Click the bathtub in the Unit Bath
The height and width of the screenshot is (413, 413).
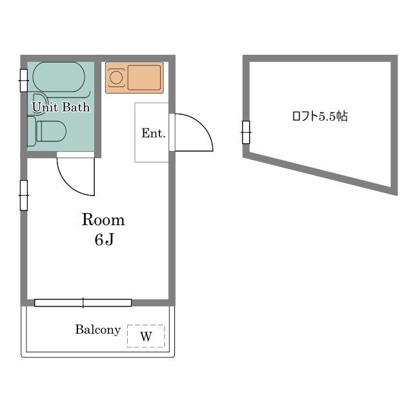click(59, 77)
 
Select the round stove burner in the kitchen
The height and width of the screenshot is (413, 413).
click(116, 77)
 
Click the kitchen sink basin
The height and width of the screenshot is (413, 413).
click(144, 77)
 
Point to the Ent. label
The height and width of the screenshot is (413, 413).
click(154, 134)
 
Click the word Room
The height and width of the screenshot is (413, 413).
click(103, 219)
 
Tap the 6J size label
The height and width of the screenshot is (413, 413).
click(104, 239)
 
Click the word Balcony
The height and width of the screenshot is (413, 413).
click(98, 330)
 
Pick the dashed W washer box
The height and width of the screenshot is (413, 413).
click(146, 336)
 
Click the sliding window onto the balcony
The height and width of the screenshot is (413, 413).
click(83, 303)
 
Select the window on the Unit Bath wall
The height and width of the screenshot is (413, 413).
click(24, 81)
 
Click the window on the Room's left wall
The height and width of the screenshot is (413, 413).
click(24, 196)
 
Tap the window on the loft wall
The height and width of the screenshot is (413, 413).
click(246, 132)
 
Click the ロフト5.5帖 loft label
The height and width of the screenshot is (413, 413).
click(320, 116)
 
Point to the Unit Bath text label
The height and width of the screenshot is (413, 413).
click(61, 107)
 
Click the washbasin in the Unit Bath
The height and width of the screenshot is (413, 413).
click(37, 104)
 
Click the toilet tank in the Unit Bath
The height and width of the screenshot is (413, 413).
click(32, 131)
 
